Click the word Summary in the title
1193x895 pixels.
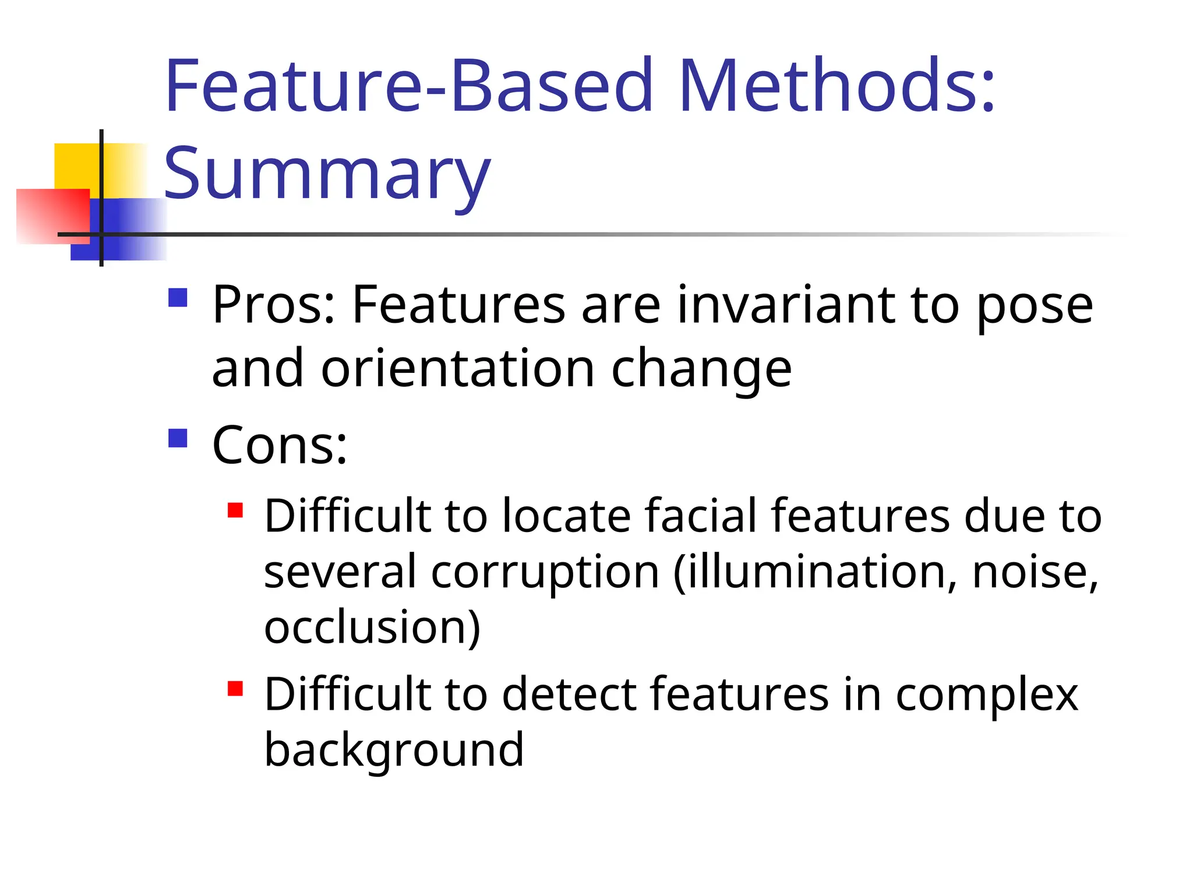pyautogui.click(x=327, y=173)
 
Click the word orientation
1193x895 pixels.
pyautogui.click(x=458, y=368)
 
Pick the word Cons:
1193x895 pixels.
pyautogui.click(x=280, y=445)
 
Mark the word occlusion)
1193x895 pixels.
pyautogui.click(x=372, y=627)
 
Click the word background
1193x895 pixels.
pyautogui.click(x=394, y=749)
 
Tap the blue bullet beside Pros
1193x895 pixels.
pyautogui.click(x=178, y=298)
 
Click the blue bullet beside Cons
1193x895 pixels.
pyautogui.click(x=178, y=438)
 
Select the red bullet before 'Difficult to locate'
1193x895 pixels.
pyautogui.click(x=235, y=510)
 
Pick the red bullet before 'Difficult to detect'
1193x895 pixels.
pyautogui.click(x=235, y=689)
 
